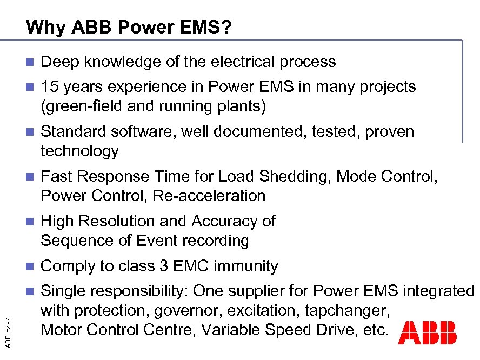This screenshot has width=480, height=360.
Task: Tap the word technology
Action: pyautogui.click(x=79, y=151)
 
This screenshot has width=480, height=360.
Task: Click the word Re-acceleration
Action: pyautogui.click(x=209, y=196)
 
